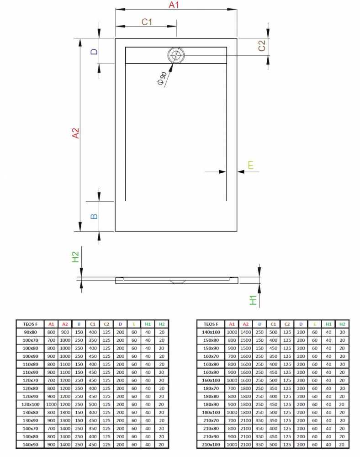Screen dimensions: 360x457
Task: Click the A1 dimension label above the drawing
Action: tap(174, 5)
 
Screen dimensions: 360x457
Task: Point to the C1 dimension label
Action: tap(147, 22)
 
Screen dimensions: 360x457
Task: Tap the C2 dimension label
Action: tap(262, 45)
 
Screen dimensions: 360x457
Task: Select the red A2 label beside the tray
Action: tap(75, 133)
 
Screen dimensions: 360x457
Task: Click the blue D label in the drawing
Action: tap(94, 52)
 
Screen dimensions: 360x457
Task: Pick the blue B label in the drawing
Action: tap(94, 216)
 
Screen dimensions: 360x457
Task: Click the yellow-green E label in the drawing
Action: tap(250, 165)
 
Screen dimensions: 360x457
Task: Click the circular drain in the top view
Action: tap(175, 55)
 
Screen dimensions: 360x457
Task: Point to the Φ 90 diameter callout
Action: tap(162, 79)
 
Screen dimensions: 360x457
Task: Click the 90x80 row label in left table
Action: tap(30, 332)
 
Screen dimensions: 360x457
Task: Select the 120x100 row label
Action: tap(30, 404)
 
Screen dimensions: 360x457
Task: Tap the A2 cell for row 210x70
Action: tap(245, 420)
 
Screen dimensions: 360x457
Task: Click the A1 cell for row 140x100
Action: tap(232, 332)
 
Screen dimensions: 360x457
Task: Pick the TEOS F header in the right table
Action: tap(211, 324)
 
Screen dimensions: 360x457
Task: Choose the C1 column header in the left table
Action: tap(93, 324)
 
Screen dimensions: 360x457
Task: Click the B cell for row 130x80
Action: tap(79, 412)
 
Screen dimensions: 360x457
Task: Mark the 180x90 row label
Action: tap(211, 404)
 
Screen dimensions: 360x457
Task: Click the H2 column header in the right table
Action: tap(342, 324)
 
